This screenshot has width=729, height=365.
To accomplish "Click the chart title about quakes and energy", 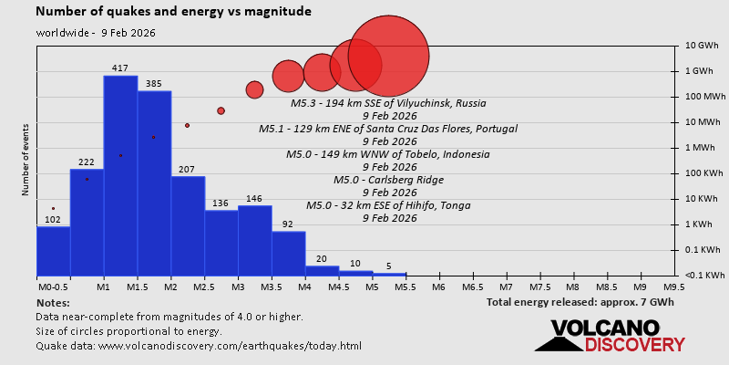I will (x=173, y=12).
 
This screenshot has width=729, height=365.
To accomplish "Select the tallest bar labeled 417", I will (x=120, y=173).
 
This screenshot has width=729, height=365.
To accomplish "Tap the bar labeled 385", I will (x=154, y=182).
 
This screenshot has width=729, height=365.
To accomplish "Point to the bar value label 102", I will (x=53, y=219).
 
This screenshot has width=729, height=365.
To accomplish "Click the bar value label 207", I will (x=188, y=169).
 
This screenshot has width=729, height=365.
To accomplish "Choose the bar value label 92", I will (x=288, y=224).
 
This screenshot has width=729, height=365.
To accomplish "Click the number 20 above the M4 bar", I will (x=322, y=259).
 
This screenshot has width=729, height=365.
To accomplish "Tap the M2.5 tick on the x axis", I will (x=204, y=286).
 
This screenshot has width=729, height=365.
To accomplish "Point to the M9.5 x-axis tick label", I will (x=674, y=286).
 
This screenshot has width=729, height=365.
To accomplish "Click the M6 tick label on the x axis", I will (x=438, y=286).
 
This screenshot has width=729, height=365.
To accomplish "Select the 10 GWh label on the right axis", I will (x=703, y=46).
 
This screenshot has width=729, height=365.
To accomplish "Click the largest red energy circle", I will (x=389, y=56).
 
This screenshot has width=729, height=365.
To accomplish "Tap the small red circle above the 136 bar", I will (x=221, y=110).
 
